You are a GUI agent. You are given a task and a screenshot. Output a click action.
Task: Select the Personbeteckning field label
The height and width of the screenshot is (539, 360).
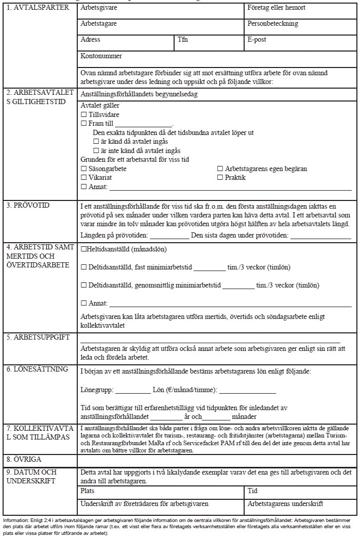point(272,24)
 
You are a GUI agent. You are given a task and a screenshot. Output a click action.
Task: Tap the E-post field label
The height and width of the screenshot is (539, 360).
point(256,40)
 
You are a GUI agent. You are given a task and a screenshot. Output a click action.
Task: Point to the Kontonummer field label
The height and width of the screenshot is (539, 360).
point(101,56)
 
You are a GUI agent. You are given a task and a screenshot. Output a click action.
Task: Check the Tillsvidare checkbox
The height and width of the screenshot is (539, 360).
point(84,114)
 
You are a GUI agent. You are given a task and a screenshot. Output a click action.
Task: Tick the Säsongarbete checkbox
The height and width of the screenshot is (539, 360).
point(84,169)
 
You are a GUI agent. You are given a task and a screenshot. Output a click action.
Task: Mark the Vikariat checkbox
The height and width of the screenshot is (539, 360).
point(84,178)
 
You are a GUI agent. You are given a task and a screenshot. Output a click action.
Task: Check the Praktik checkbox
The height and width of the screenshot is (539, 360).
point(220,178)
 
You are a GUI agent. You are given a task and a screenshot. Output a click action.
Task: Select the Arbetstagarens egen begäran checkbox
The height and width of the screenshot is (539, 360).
point(220,169)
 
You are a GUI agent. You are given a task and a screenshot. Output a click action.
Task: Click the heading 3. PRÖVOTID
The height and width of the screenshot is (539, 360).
point(28,206)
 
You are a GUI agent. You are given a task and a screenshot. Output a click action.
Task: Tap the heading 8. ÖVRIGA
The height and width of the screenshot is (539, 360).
point(24,459)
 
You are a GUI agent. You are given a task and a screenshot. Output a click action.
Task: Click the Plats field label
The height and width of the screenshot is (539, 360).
point(88,491)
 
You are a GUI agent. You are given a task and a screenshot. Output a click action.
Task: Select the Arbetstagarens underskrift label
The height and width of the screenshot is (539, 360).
point(285,504)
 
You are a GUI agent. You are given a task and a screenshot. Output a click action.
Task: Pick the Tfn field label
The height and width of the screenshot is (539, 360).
point(183,40)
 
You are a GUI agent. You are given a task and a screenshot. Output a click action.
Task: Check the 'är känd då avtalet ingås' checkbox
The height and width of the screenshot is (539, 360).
point(96,141)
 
